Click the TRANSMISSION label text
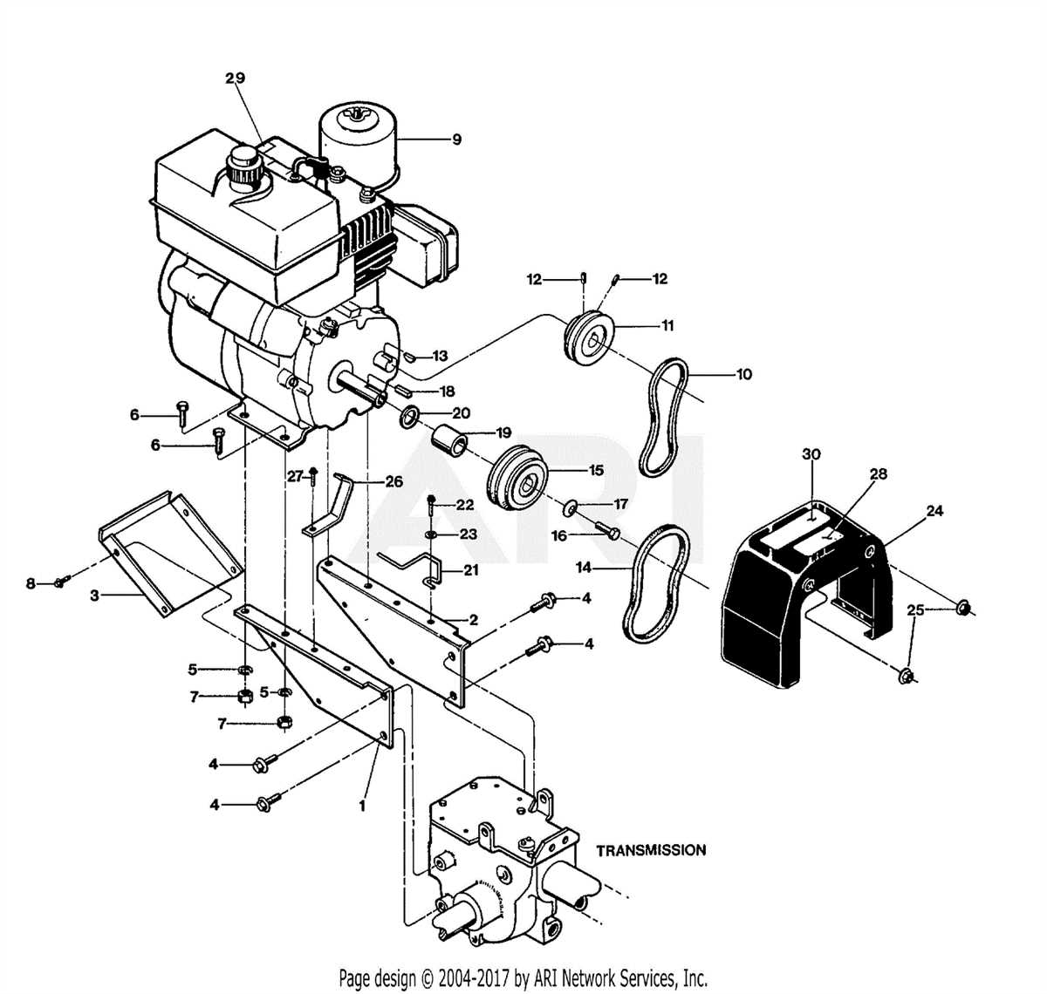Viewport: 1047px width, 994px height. (651, 849)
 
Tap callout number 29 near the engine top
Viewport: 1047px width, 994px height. (235, 78)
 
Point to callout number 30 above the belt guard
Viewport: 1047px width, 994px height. (811, 454)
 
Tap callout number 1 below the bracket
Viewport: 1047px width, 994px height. (362, 807)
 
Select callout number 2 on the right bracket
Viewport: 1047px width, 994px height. (473, 620)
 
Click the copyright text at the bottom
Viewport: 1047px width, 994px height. (523, 977)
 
